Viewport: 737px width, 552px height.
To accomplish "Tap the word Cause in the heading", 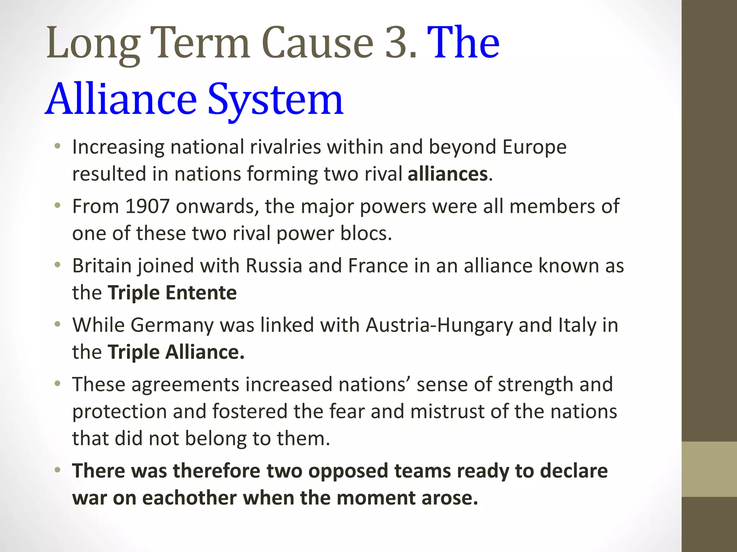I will click(318, 43).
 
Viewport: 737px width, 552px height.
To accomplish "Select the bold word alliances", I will click(448, 174).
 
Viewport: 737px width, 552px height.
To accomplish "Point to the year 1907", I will click(147, 206).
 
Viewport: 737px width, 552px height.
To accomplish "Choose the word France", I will click(378, 266).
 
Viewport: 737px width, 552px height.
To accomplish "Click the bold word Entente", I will click(201, 293).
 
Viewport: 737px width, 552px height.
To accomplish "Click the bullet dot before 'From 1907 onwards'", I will click(57, 206).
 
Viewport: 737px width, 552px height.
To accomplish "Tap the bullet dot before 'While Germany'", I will click(57, 325).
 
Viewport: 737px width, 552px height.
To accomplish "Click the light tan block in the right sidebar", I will click(709, 469).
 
